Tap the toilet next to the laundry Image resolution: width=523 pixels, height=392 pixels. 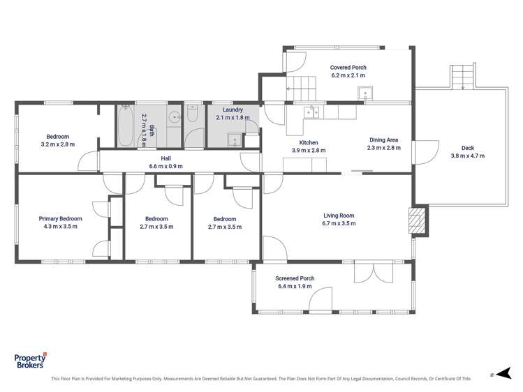pyautogui.click(x=193, y=116)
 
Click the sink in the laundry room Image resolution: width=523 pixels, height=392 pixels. pyautogui.click(x=235, y=140)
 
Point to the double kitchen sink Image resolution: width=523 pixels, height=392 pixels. pyautogui.click(x=311, y=110)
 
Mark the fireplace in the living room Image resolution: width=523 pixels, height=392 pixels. pyautogui.click(x=417, y=221)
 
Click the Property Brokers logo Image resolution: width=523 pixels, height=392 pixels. pyautogui.click(x=31, y=361)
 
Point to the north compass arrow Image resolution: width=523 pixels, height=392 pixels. pyautogui.click(x=493, y=374)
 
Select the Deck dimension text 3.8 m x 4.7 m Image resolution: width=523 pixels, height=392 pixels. pyautogui.click(x=467, y=156)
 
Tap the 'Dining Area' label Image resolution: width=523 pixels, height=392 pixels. pyautogui.click(x=383, y=140)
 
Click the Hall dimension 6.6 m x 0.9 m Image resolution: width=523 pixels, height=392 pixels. pyautogui.click(x=165, y=166)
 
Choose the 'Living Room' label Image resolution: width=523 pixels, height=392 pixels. pyautogui.click(x=339, y=216)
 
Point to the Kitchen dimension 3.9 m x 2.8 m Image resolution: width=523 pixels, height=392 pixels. pyautogui.click(x=309, y=150)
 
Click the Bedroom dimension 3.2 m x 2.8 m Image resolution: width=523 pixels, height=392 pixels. pyautogui.click(x=57, y=144)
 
